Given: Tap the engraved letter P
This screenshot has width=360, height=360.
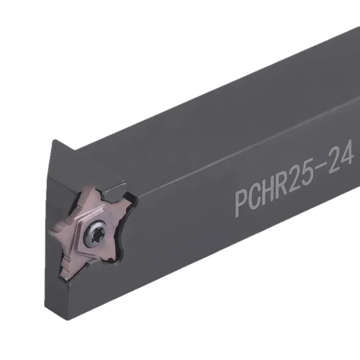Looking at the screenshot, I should (243, 201).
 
